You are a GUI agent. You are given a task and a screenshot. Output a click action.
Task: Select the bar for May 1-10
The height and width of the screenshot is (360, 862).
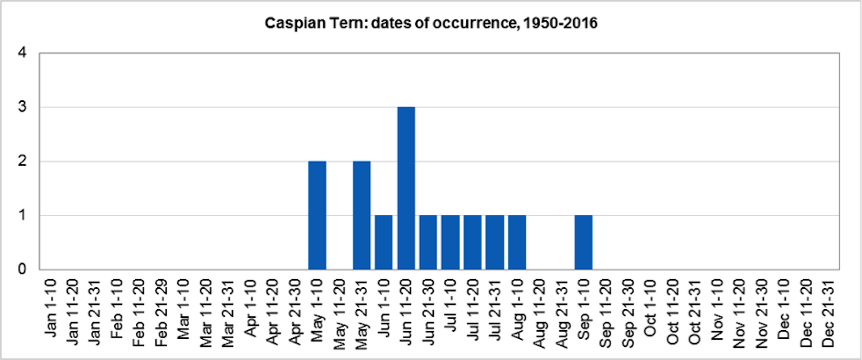(x=317, y=215)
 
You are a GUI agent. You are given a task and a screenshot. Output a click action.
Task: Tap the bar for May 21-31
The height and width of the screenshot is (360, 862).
(x=362, y=215)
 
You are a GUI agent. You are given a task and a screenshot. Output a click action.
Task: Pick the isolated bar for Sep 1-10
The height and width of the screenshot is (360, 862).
(x=584, y=242)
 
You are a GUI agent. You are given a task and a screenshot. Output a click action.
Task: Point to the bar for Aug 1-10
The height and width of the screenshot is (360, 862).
(x=517, y=242)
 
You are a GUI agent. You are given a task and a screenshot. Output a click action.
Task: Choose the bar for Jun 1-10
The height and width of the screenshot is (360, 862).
(x=384, y=242)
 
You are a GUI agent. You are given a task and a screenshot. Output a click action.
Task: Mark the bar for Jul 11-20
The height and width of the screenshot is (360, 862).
(x=473, y=242)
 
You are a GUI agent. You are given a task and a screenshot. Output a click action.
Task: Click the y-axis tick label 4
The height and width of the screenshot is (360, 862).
(x=23, y=53)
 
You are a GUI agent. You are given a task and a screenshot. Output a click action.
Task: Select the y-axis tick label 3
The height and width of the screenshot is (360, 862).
(x=23, y=107)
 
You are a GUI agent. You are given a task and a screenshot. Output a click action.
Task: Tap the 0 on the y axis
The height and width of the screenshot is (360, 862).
(x=23, y=269)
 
